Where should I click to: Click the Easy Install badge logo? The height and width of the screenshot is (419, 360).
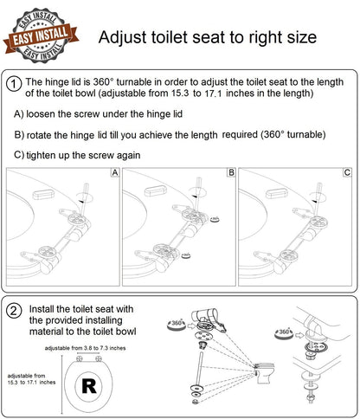(x=42, y=34)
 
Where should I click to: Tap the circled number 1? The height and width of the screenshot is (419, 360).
(x=15, y=84)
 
